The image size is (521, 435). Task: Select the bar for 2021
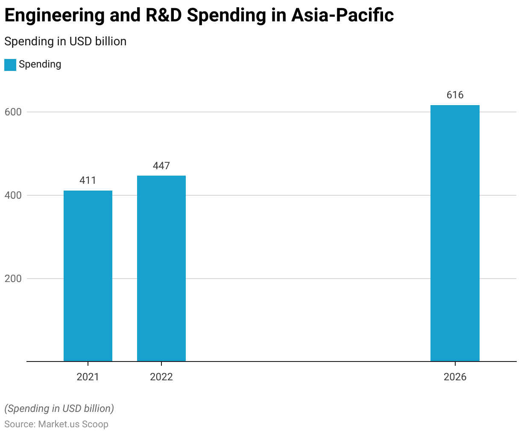pyautogui.click(x=88, y=276)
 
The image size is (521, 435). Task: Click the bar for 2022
pyautogui.click(x=161, y=268)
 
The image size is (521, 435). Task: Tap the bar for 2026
pyautogui.click(x=455, y=233)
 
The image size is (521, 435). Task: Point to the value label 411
pyautogui.click(x=88, y=180)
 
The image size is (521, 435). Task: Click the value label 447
pyautogui.click(x=161, y=166)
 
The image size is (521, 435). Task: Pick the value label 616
pyautogui.click(x=455, y=95)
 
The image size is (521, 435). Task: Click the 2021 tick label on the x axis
pyautogui.click(x=88, y=377)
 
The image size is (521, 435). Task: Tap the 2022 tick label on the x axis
pyautogui.click(x=161, y=377)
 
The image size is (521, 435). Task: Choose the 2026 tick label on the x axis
pyautogui.click(x=455, y=377)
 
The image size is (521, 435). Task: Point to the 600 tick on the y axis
pyautogui.click(x=13, y=112)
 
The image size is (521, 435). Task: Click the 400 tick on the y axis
pyautogui.click(x=13, y=195)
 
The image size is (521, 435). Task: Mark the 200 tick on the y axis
pyautogui.click(x=13, y=279)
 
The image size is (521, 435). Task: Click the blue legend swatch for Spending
pyautogui.click(x=10, y=65)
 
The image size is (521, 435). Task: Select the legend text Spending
pyautogui.click(x=40, y=65)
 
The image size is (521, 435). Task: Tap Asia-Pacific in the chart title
pyautogui.click(x=342, y=16)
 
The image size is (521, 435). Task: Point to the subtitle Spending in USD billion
pyautogui.click(x=65, y=41)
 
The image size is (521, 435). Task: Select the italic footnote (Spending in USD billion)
pyautogui.click(x=59, y=409)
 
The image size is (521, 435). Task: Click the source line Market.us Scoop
pyautogui.click(x=73, y=424)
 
